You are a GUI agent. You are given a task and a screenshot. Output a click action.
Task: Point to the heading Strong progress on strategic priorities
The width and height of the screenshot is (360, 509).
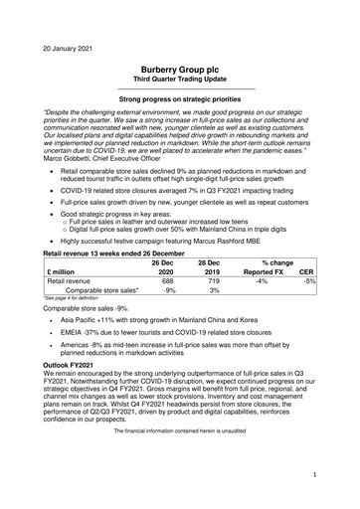click(179, 100)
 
